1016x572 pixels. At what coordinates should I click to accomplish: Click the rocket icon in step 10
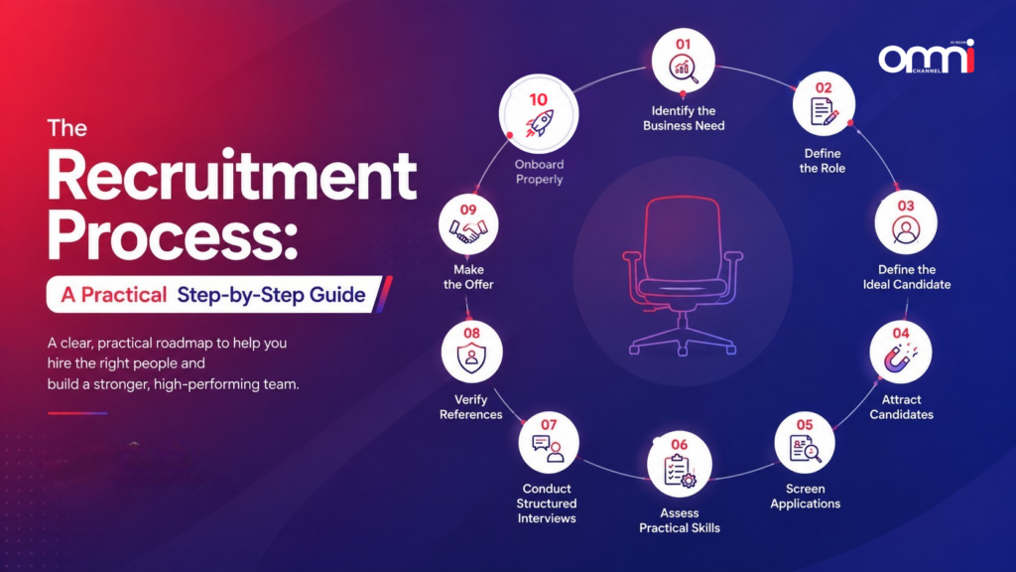(539, 123)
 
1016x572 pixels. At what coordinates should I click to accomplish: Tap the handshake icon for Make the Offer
(468, 230)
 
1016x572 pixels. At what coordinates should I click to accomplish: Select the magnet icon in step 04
(899, 357)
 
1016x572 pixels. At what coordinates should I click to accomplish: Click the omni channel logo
(927, 57)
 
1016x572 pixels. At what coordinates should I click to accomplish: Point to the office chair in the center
(683, 276)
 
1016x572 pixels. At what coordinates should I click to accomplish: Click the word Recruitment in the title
(232, 176)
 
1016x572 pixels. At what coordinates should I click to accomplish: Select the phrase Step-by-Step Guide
(271, 295)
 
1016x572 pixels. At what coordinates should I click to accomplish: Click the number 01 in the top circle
(683, 44)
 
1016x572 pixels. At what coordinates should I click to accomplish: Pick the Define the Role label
(823, 161)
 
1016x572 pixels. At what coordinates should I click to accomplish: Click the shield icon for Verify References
(471, 357)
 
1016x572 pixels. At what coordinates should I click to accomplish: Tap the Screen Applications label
(806, 497)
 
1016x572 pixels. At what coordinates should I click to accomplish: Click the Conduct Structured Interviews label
(547, 503)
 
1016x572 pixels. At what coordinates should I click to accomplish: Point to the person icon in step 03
(905, 230)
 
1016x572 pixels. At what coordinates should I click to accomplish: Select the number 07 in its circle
(549, 425)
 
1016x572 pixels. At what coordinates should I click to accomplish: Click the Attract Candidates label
(901, 407)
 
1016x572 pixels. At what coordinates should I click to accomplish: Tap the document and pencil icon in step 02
(824, 111)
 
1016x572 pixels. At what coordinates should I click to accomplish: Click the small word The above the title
(66, 128)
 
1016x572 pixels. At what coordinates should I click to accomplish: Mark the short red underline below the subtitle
(77, 413)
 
